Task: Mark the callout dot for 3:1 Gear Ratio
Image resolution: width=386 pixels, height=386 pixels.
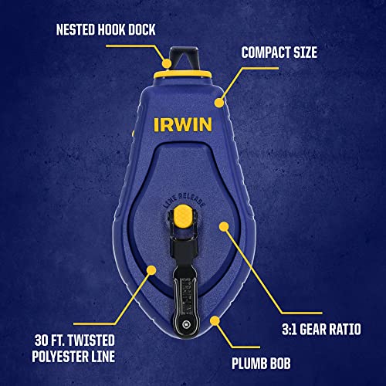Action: [x=225, y=225]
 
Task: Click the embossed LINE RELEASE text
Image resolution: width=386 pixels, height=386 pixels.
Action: [x=182, y=198]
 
